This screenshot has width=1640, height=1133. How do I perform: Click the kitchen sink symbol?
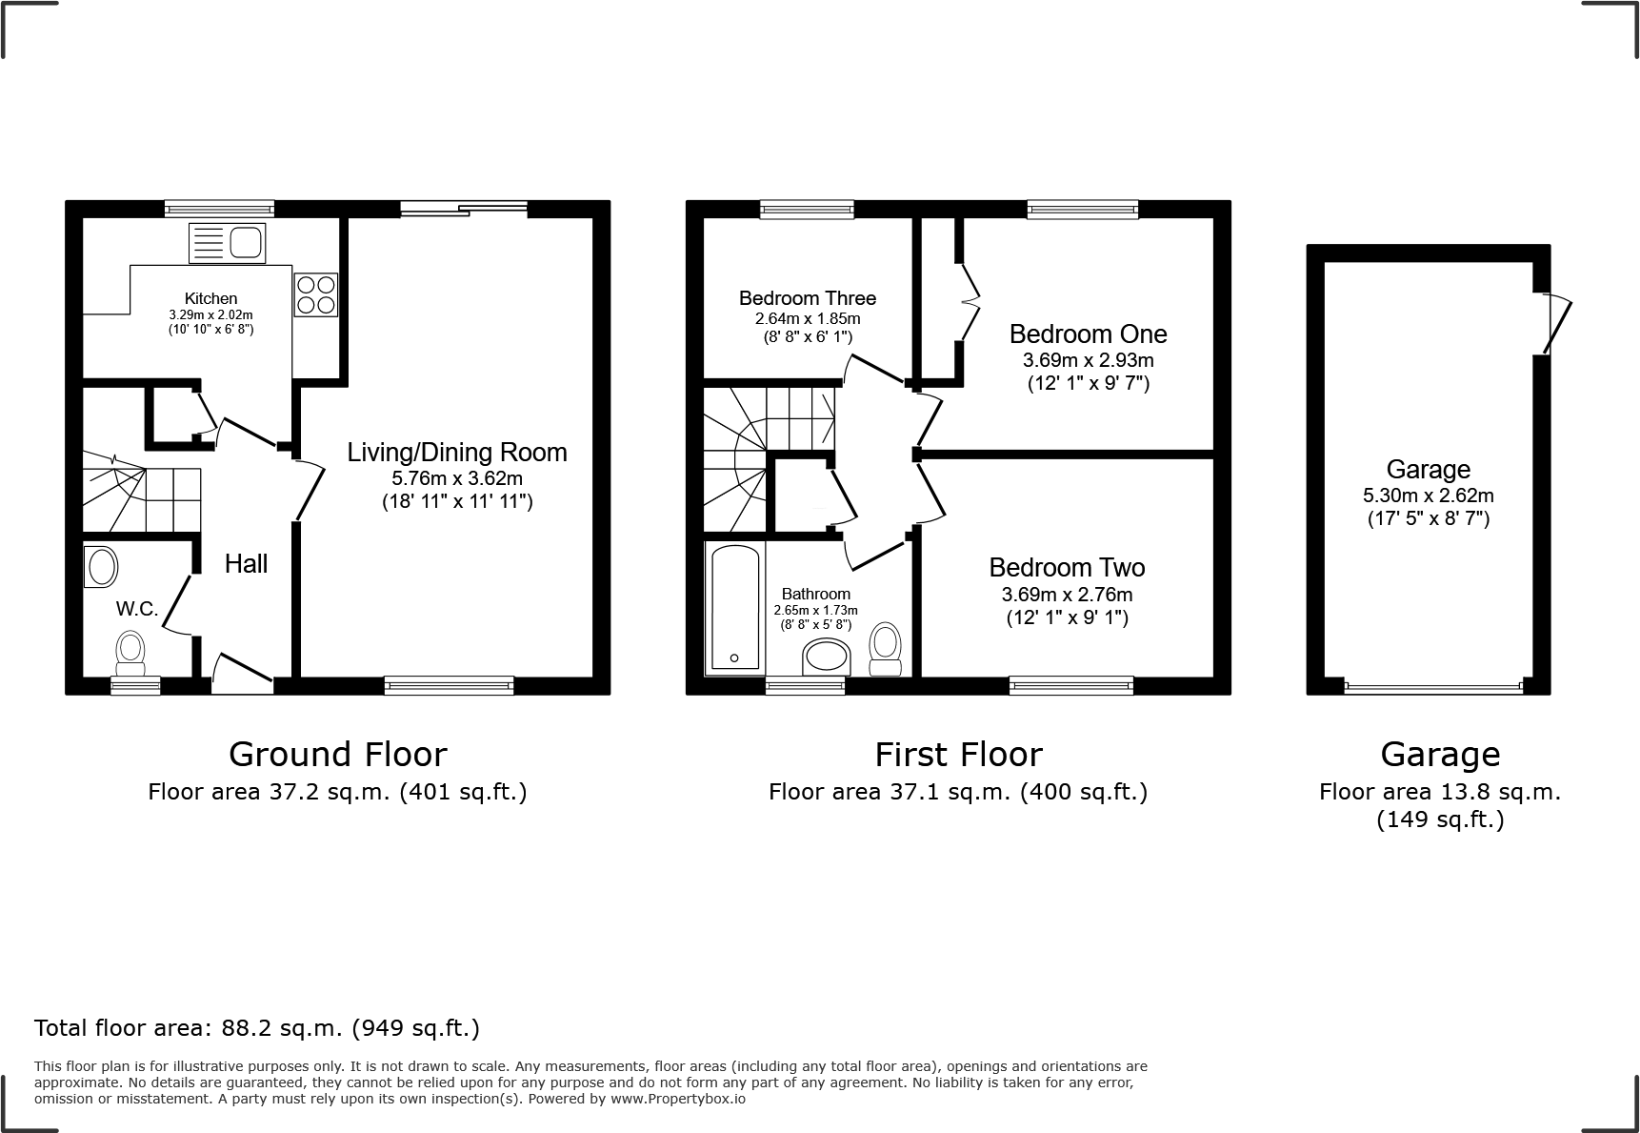(x=227, y=242)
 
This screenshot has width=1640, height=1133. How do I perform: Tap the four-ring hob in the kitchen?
(x=315, y=293)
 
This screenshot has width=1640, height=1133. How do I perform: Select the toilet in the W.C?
(x=130, y=651)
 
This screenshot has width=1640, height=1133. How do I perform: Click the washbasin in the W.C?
(x=101, y=566)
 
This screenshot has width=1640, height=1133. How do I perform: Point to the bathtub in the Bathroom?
(x=734, y=606)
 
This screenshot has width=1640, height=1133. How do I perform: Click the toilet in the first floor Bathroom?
(x=886, y=651)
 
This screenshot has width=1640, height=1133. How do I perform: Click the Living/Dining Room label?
(x=456, y=453)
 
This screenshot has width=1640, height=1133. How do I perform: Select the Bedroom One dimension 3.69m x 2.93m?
(x=1088, y=360)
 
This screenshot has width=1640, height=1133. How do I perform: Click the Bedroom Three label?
(x=807, y=298)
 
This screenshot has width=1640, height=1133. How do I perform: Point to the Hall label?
(x=246, y=564)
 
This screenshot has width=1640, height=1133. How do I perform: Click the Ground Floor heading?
(x=337, y=755)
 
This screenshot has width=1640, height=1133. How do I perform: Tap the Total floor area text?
(x=257, y=1028)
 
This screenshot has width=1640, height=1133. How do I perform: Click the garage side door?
(x=1554, y=324)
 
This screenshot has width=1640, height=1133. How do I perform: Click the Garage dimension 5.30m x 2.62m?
(x=1428, y=496)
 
